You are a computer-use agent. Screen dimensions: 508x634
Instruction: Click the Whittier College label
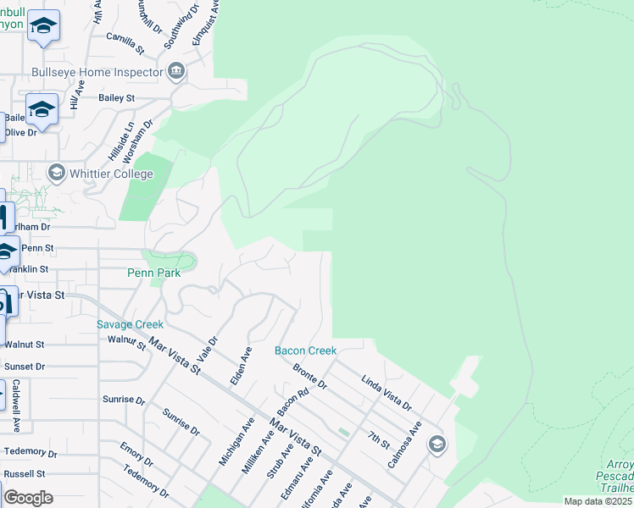[111, 174]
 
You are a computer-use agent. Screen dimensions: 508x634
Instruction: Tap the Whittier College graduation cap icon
[57, 174]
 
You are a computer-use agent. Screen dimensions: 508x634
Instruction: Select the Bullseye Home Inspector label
[97, 72]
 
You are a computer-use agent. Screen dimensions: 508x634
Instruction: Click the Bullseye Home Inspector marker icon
[176, 72]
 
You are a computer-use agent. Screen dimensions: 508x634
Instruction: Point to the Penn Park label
[154, 273]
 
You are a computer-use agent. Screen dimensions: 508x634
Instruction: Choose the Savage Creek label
[130, 324]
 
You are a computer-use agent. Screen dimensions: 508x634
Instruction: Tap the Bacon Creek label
[305, 351]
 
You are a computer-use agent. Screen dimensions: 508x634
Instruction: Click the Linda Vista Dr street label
[386, 392]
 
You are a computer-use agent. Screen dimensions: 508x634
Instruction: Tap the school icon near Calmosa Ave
[437, 444]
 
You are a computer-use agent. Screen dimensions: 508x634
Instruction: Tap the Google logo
[27, 498]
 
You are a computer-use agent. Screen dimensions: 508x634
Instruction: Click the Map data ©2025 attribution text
[598, 501]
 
